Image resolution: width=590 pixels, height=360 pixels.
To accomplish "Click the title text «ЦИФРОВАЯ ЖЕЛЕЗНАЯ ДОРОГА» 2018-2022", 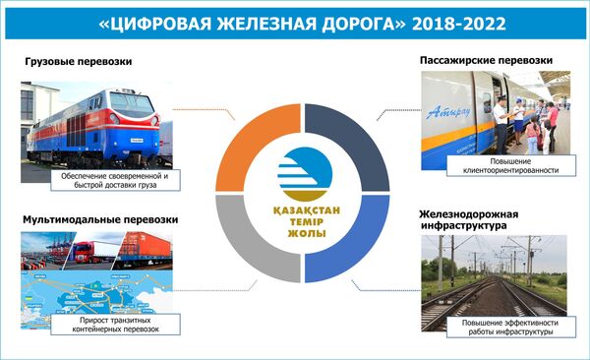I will click(295, 20).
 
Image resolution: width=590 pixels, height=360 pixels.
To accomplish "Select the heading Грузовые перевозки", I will click(79, 62).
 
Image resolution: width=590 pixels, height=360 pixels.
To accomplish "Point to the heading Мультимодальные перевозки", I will click(93, 219).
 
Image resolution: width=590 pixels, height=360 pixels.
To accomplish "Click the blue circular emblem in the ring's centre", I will click(294, 171).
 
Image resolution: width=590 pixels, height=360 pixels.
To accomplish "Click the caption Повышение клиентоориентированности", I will click(508, 163).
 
